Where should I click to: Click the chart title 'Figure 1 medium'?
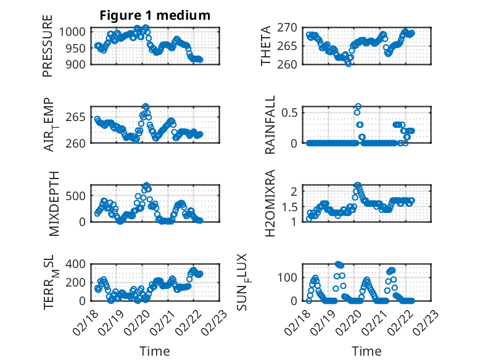[x=155, y=15]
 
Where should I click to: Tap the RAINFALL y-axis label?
[x=270, y=127]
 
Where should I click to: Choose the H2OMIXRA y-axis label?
[x=270, y=203]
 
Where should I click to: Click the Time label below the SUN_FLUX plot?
[x=366, y=351]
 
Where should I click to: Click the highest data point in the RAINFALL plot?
[x=358, y=107]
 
